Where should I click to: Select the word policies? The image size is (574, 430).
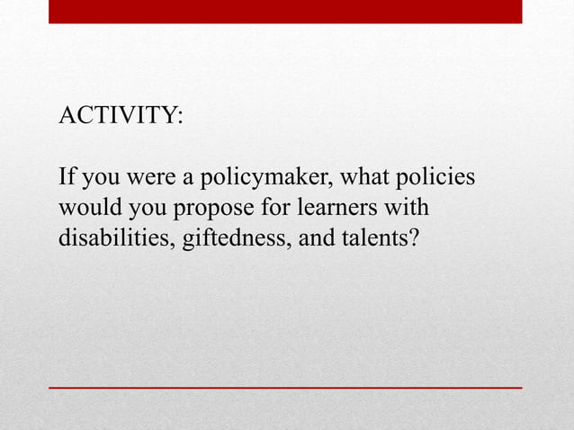(435, 177)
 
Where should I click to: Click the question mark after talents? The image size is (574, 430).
(412, 239)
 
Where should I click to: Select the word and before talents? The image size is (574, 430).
(318, 239)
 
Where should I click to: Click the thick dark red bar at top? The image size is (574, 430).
(284, 11)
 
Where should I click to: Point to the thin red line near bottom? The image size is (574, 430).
(284, 387)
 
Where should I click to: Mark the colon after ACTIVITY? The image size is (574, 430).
(179, 118)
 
